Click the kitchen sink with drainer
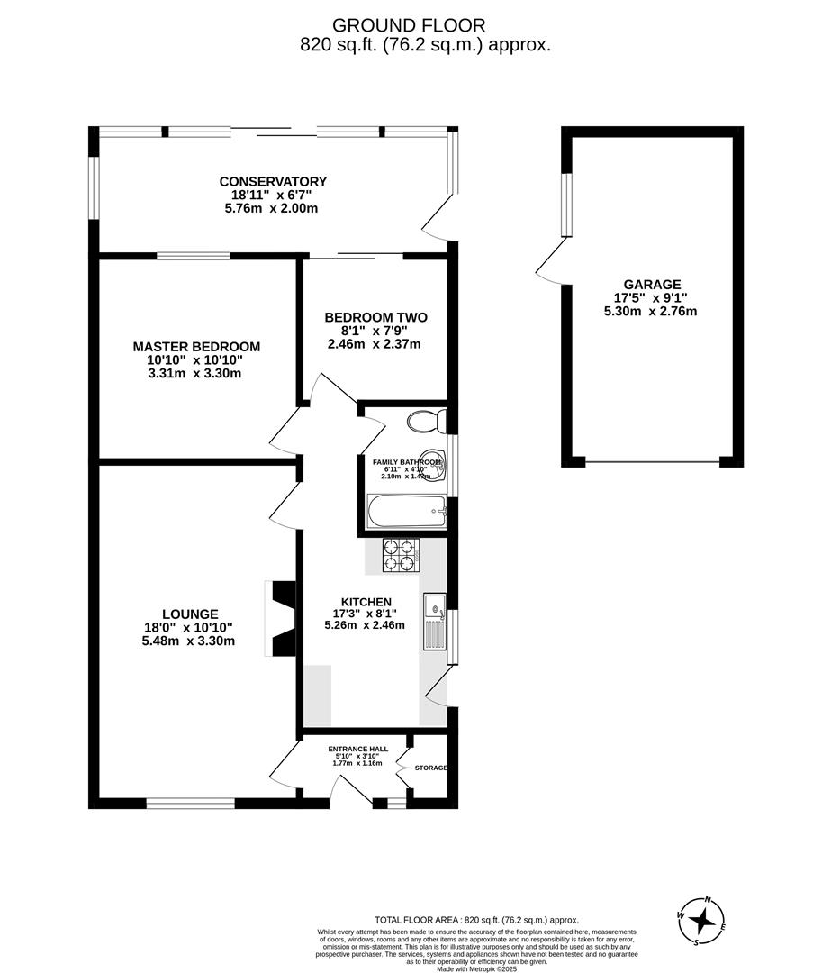[x=434, y=623]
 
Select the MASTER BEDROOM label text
[x=196, y=347]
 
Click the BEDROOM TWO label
[x=375, y=317]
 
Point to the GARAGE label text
[x=653, y=283]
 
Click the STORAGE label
[x=430, y=768]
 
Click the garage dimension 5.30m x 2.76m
[x=652, y=312]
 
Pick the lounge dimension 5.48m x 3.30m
[x=188, y=641]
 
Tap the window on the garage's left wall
[x=566, y=205]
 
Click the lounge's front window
[x=191, y=803]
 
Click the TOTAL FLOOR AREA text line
[x=476, y=919]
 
